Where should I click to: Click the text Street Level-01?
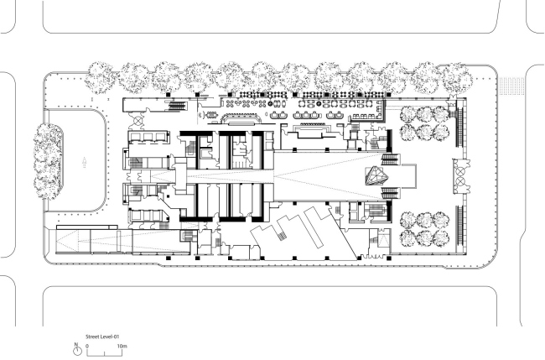pos(102,337)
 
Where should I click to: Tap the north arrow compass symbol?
pos(77,350)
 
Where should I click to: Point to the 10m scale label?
pos(122,346)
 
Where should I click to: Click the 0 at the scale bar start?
pos(87,346)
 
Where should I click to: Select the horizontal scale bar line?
pos(104,356)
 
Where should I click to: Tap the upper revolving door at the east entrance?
pos(460,171)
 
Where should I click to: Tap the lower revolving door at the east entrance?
pos(460,181)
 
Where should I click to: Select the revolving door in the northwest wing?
pos(138,121)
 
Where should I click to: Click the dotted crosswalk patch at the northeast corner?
pos(511,86)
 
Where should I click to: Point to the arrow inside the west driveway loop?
pos(84,162)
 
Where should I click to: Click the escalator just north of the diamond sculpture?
pos(390,160)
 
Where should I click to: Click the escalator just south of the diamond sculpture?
pos(390,192)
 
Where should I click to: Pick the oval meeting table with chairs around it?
pos(211,114)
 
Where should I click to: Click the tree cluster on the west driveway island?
pos(48,161)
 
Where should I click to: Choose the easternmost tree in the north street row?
pos(457,79)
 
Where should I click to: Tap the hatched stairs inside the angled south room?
pos(282,236)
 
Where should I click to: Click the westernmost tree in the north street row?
pos(101,78)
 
